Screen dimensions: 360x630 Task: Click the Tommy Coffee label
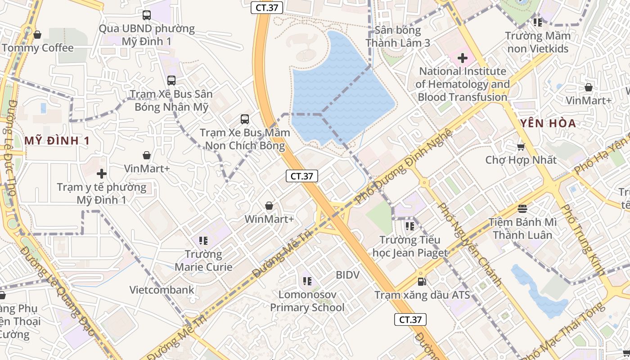[x=38, y=48]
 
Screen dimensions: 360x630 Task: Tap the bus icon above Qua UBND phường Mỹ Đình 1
[x=147, y=15]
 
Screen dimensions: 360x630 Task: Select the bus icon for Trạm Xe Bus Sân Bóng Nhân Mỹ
[x=171, y=81]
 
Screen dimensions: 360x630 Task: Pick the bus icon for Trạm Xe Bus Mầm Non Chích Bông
[x=245, y=119]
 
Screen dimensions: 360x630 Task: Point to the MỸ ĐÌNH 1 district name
[x=57, y=141]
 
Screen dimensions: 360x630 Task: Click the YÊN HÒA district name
[x=548, y=123]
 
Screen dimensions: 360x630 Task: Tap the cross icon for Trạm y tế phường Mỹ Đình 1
[x=102, y=173]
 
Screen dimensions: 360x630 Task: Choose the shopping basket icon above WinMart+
[x=269, y=206]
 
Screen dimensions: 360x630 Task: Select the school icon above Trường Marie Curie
[x=203, y=241]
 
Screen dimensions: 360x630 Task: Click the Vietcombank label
[x=162, y=290]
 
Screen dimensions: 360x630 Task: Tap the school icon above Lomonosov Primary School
[x=307, y=282]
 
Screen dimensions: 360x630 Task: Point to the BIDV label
[x=348, y=274]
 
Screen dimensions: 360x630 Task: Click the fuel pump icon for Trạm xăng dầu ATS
[x=422, y=282]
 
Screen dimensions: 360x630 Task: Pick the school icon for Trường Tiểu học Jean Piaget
[x=409, y=226]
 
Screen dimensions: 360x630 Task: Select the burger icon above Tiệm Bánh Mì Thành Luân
[x=522, y=208]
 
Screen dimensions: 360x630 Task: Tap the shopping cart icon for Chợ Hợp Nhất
[x=521, y=147]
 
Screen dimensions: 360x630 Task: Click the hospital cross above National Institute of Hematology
[x=463, y=58]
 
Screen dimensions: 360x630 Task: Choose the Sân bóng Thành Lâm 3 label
[x=398, y=36]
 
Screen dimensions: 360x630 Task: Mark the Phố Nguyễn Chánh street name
[x=470, y=245]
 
